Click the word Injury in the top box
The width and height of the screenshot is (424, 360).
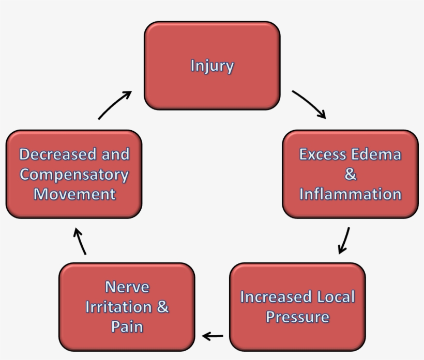[x=212, y=66]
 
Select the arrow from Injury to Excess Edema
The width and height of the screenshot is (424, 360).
[x=309, y=104]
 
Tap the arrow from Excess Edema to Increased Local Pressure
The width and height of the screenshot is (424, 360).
[x=344, y=240]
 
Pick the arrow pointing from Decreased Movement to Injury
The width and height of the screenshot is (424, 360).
[x=114, y=105]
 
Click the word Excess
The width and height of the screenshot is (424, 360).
[x=323, y=154]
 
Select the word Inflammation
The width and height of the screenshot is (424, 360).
[x=350, y=194]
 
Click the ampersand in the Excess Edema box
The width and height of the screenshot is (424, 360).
[x=351, y=175]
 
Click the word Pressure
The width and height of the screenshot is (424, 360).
[x=297, y=317]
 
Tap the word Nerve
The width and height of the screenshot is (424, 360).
[x=127, y=287]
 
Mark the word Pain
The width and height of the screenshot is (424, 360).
[x=127, y=326]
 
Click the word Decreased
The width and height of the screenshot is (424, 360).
[x=57, y=154]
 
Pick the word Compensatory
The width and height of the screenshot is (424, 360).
[x=74, y=174]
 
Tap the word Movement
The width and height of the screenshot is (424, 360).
[x=74, y=194]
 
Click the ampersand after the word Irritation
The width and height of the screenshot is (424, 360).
[x=162, y=307]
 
